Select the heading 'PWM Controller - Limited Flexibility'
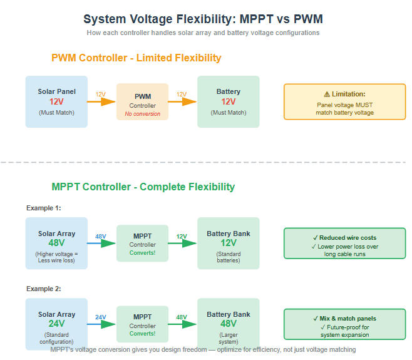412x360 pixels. [x=136, y=58]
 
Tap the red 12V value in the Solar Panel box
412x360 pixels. [x=56, y=101]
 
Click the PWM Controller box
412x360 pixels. [x=142, y=101]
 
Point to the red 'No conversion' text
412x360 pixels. [x=142, y=114]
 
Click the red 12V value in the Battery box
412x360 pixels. [x=228, y=101]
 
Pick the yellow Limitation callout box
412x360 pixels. [x=344, y=101]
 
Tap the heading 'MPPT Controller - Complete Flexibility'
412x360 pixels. [x=143, y=187]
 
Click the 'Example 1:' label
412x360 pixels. [x=43, y=207]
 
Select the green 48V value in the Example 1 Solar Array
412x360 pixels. [x=56, y=243]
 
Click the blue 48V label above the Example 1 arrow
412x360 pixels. [x=101, y=237]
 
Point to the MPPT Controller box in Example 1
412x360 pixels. [x=142, y=243]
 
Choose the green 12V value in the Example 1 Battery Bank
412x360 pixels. [x=228, y=243]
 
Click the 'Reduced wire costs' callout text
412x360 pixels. [x=344, y=238]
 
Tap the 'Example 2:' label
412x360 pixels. [x=43, y=289]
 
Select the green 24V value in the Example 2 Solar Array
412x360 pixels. [x=56, y=324]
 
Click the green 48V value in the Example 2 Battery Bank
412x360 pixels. [x=228, y=324]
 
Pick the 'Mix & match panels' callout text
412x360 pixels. [x=344, y=319]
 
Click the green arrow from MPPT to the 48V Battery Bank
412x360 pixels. [x=183, y=324]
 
